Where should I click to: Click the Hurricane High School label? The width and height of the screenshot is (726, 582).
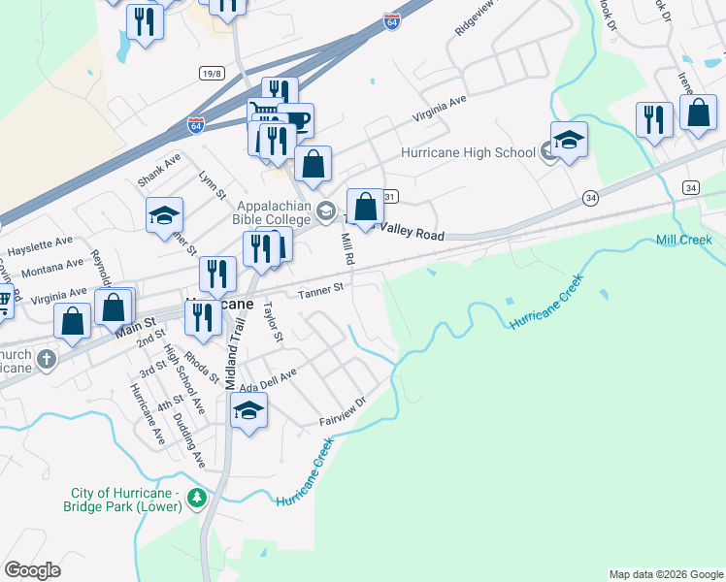pyautogui.click(x=468, y=152)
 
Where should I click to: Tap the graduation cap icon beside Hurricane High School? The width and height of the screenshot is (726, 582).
pyautogui.click(x=569, y=140)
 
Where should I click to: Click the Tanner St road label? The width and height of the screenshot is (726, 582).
pyautogui.click(x=321, y=289)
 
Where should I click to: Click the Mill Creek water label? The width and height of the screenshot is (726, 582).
pyautogui.click(x=684, y=240)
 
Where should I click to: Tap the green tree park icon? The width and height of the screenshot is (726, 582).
pyautogui.click(x=197, y=499)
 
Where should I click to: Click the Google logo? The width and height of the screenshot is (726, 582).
pyautogui.click(x=33, y=570)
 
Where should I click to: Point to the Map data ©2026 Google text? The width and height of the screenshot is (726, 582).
pyautogui.click(x=666, y=574)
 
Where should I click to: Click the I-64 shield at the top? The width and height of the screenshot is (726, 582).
pyautogui.click(x=391, y=21)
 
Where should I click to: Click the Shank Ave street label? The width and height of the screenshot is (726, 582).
pyautogui.click(x=160, y=169)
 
